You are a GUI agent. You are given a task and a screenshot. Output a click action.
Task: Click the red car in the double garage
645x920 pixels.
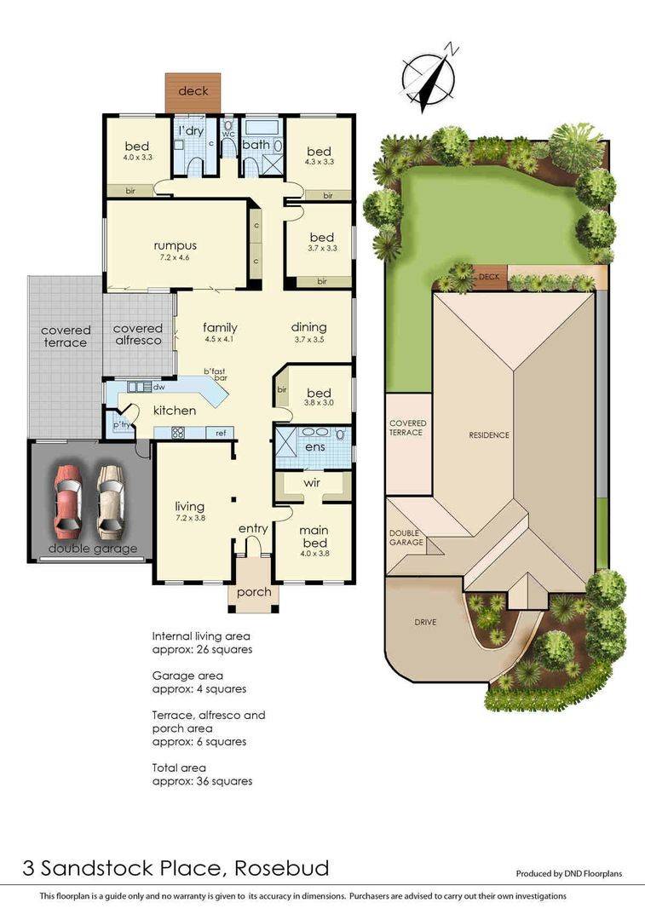click(69, 503)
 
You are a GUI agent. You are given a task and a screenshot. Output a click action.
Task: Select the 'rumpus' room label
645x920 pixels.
click(176, 246)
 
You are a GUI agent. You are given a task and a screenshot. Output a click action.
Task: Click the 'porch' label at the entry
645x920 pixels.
click(253, 592)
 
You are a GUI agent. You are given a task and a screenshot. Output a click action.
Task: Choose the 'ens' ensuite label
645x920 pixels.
click(314, 446)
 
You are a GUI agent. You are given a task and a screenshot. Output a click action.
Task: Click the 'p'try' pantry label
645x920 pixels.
click(121, 423)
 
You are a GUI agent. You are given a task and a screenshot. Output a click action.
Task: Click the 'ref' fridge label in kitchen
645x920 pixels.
click(221, 434)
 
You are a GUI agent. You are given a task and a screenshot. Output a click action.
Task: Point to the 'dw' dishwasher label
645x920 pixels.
click(158, 387)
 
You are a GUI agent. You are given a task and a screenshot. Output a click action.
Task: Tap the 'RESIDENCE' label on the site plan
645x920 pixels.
click(488, 435)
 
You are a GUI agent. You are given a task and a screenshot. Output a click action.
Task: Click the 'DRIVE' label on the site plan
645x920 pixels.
click(425, 622)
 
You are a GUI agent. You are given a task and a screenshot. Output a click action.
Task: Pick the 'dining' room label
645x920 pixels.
click(308, 327)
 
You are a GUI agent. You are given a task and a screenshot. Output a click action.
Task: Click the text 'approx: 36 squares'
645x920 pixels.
click(202, 781)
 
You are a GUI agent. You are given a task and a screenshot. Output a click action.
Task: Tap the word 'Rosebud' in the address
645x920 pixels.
click(280, 869)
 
